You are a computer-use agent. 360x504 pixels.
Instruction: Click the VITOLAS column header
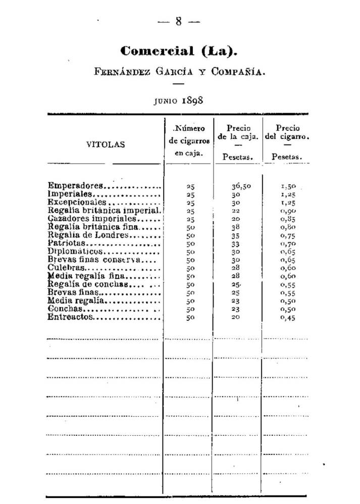pyautogui.click(x=105, y=144)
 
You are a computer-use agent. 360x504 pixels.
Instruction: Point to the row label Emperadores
pyautogui.click(x=75, y=186)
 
